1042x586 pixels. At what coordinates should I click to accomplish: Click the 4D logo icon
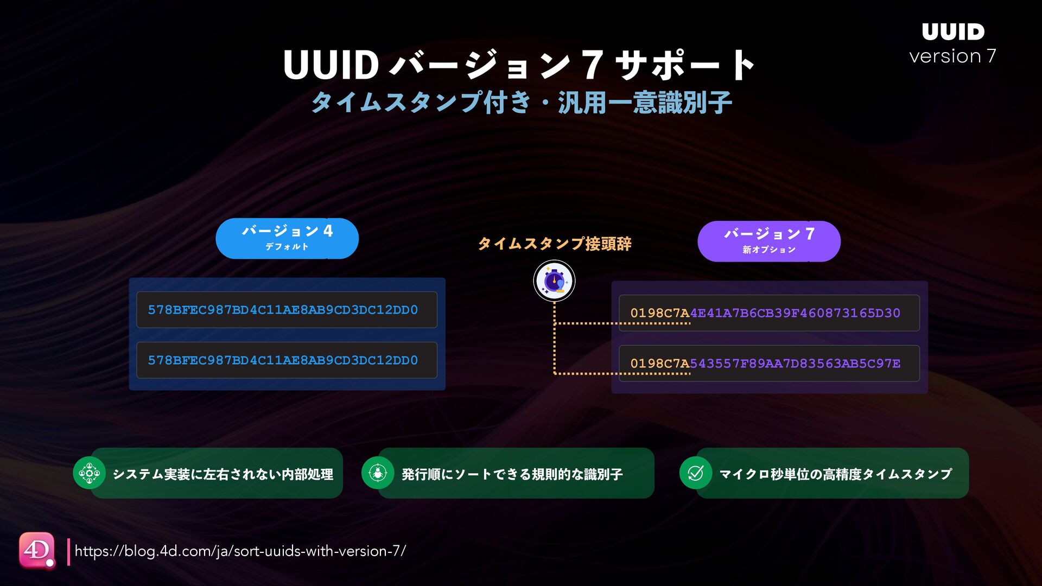click(x=37, y=550)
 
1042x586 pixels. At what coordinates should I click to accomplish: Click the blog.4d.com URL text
click(x=240, y=551)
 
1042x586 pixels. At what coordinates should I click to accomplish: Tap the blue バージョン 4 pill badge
click(x=287, y=238)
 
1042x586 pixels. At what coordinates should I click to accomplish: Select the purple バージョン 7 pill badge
click(x=768, y=241)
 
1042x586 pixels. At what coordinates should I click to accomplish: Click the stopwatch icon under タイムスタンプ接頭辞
click(x=554, y=281)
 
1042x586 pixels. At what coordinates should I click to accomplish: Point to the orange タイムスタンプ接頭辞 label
click(x=554, y=244)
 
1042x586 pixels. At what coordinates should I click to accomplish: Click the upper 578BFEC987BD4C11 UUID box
click(x=287, y=310)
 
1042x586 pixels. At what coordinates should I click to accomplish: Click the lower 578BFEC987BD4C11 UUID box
click(x=287, y=360)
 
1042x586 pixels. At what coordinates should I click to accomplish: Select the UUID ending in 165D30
click(x=768, y=313)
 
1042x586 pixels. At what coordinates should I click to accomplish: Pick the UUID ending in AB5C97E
click(x=768, y=364)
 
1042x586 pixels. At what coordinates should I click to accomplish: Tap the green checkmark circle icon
click(x=695, y=473)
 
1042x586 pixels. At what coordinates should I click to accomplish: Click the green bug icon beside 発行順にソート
click(x=377, y=473)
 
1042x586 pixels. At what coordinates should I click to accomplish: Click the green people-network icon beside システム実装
click(x=89, y=473)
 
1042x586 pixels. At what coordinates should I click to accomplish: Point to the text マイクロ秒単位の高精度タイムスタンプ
click(x=835, y=474)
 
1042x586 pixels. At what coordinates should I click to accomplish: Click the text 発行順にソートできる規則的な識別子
click(x=512, y=474)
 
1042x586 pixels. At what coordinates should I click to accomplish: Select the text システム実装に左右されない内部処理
click(x=223, y=474)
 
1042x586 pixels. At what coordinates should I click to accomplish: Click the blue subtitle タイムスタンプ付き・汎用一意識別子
click(x=521, y=102)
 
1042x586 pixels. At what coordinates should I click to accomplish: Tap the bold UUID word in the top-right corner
click(x=953, y=32)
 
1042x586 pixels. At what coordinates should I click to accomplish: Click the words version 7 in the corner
click(x=952, y=56)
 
